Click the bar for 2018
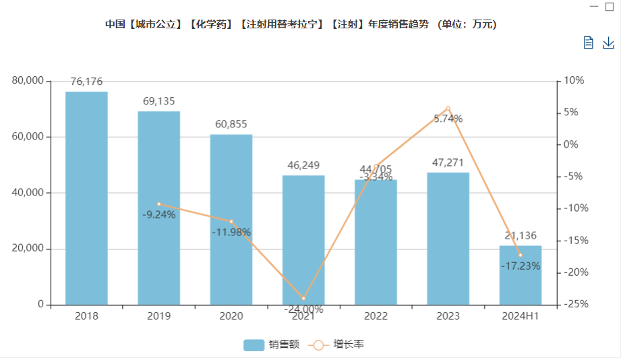point(86,198)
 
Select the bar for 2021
point(303,240)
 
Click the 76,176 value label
point(86,82)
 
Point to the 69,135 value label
point(158,101)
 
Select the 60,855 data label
point(231,124)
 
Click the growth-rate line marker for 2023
point(448,109)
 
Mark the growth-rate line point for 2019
point(159,204)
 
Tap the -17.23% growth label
point(521,266)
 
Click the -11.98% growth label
point(231,233)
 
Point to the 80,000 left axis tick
point(28,81)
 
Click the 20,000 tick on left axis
point(28,249)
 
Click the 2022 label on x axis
point(376,316)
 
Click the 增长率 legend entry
point(337,344)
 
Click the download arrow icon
point(608,43)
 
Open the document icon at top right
point(589,43)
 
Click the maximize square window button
point(610,6)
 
